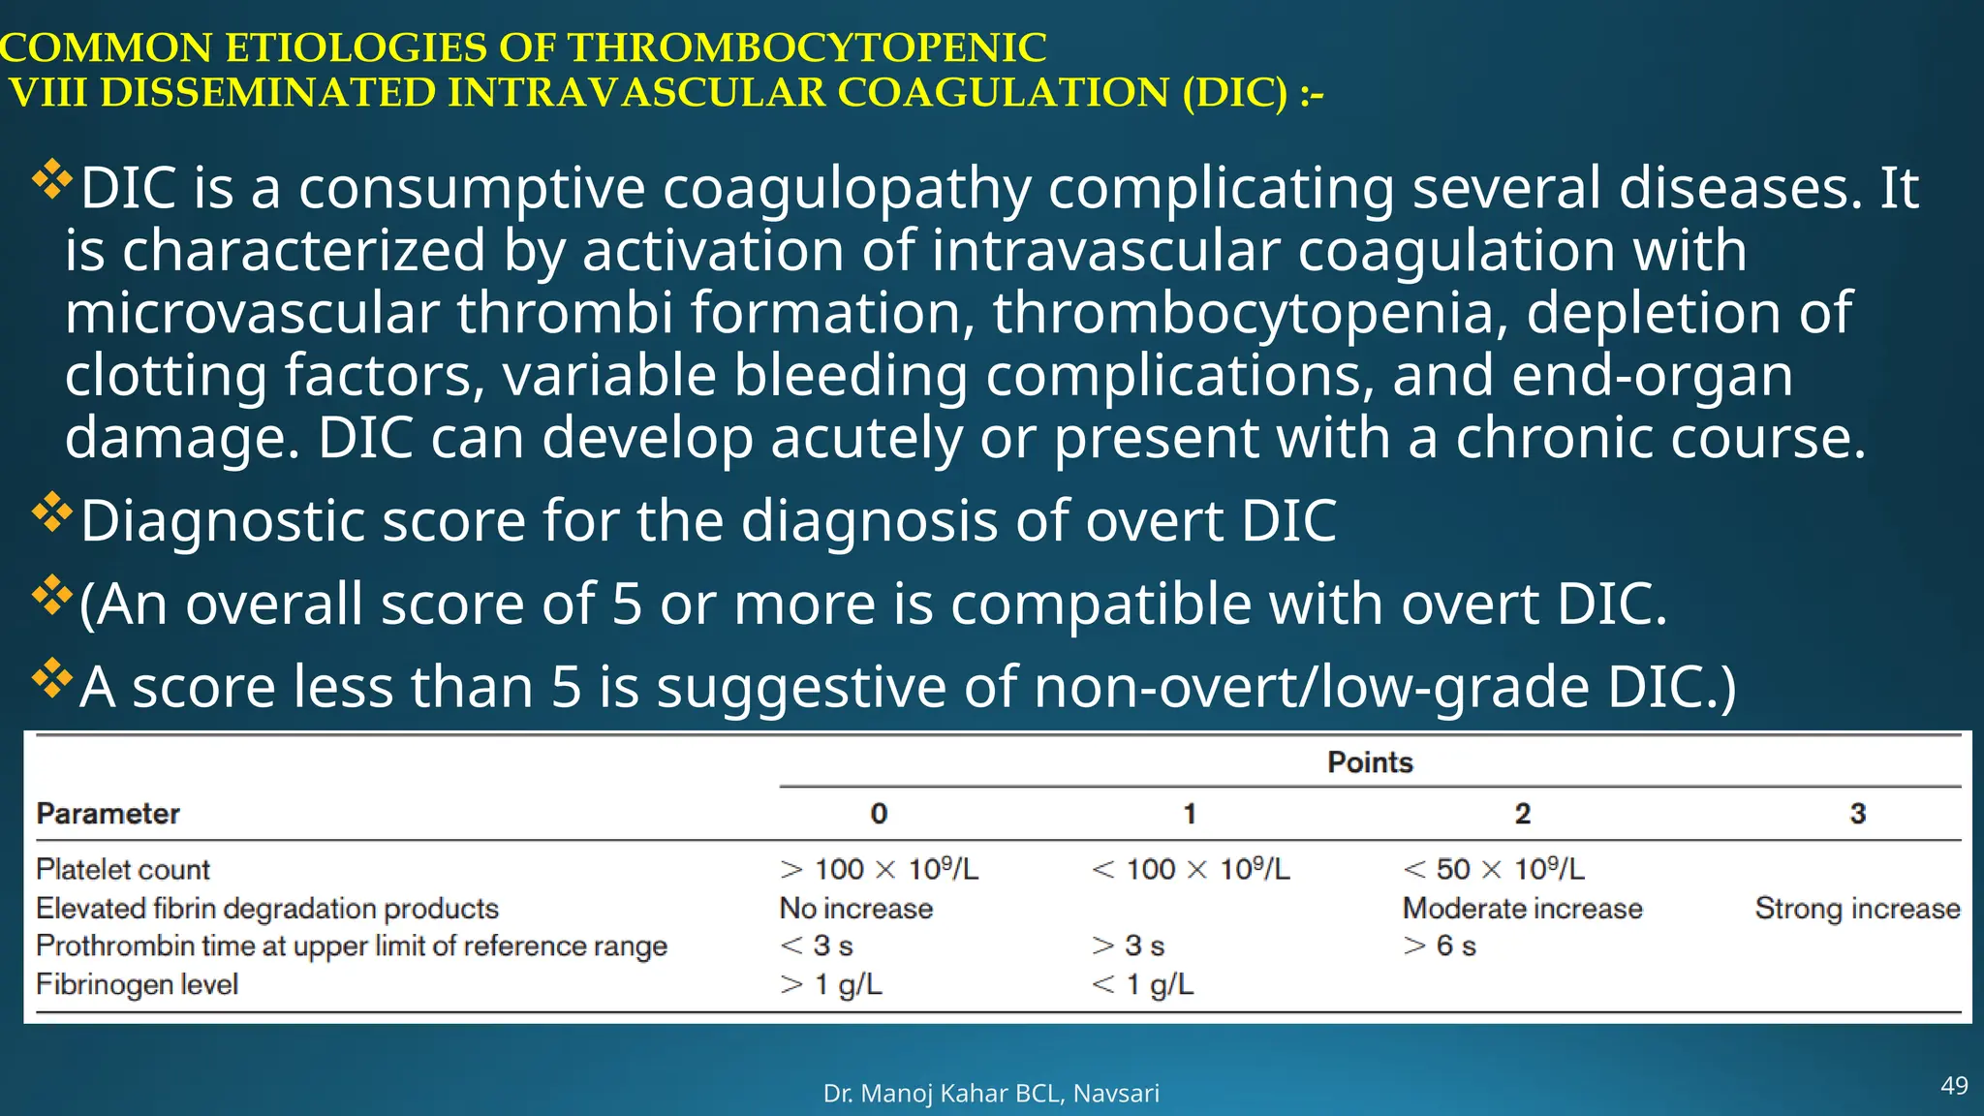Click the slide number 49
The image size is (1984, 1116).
click(x=1954, y=1085)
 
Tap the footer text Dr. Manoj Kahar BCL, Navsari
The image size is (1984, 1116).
click(x=991, y=1093)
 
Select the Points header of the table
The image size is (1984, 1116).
click(x=1370, y=762)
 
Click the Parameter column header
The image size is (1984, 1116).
click(x=108, y=814)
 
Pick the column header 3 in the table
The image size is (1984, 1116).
click(x=1857, y=814)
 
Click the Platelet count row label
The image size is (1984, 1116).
click(x=123, y=869)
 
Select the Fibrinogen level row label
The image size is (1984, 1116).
click(x=137, y=984)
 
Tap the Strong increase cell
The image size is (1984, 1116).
click(x=1857, y=908)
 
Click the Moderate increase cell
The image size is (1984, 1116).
click(x=1522, y=908)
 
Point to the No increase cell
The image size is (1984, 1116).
click(x=856, y=908)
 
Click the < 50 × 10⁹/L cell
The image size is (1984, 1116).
click(x=1493, y=869)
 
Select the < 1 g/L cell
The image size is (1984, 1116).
click(x=1143, y=984)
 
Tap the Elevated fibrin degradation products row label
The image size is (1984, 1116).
click(x=267, y=908)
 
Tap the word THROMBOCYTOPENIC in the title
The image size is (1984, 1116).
click(x=806, y=47)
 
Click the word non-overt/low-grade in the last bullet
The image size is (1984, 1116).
click(x=1312, y=687)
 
